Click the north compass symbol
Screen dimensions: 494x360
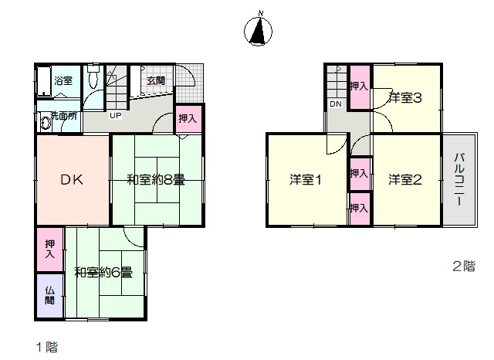[259, 31]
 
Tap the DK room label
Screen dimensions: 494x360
[72, 180]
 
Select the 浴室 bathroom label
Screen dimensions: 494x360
[63, 80]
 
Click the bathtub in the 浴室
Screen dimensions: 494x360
[44, 81]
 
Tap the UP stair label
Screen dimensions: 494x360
[115, 115]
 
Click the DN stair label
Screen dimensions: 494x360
[336, 104]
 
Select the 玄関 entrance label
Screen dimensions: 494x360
[156, 80]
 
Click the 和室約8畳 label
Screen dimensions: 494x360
[156, 180]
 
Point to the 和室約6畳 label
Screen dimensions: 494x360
[103, 273]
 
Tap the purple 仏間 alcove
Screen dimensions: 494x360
[49, 296]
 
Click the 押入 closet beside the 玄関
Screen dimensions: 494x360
[188, 118]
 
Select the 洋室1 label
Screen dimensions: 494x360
[306, 180]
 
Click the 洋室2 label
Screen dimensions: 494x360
[404, 180]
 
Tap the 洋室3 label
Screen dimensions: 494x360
[404, 97]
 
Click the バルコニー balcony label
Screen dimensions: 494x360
[460, 179]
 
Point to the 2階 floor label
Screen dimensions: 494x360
[464, 267]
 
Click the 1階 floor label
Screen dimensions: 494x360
[47, 347]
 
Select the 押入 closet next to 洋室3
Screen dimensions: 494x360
[360, 87]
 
